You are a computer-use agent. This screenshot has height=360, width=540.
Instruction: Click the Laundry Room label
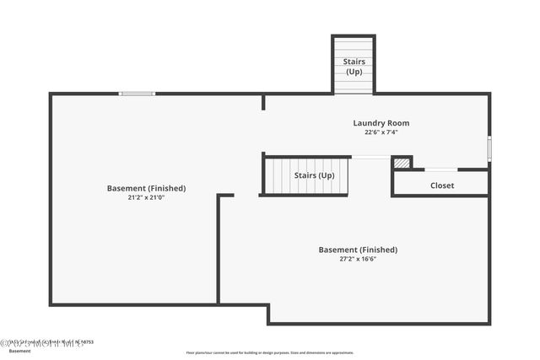(381, 123)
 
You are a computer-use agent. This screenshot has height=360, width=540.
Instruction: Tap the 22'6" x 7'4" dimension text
(381, 132)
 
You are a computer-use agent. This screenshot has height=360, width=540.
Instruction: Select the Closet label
(441, 185)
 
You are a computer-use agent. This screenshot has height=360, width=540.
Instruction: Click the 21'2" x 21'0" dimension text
(146, 197)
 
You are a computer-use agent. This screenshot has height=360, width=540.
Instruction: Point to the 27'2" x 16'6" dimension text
(358, 259)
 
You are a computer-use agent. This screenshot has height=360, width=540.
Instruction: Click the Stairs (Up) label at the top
(354, 67)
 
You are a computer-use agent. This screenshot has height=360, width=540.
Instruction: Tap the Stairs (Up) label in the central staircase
(314, 175)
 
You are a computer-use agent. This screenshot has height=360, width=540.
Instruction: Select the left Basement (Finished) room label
(146, 188)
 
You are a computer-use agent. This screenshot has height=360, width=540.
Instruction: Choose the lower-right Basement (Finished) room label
(358, 250)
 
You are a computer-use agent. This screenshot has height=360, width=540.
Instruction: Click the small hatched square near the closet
(402, 163)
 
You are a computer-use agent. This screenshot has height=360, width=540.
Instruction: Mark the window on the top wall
(137, 94)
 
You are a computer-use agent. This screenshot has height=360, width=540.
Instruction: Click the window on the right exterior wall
(489, 148)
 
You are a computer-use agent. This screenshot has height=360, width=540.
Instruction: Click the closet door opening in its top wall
(440, 169)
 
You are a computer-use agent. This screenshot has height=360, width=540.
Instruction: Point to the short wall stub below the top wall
(263, 102)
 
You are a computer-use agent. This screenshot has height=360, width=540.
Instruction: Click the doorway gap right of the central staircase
(370, 157)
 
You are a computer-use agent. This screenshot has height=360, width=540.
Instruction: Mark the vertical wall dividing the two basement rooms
(219, 249)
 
